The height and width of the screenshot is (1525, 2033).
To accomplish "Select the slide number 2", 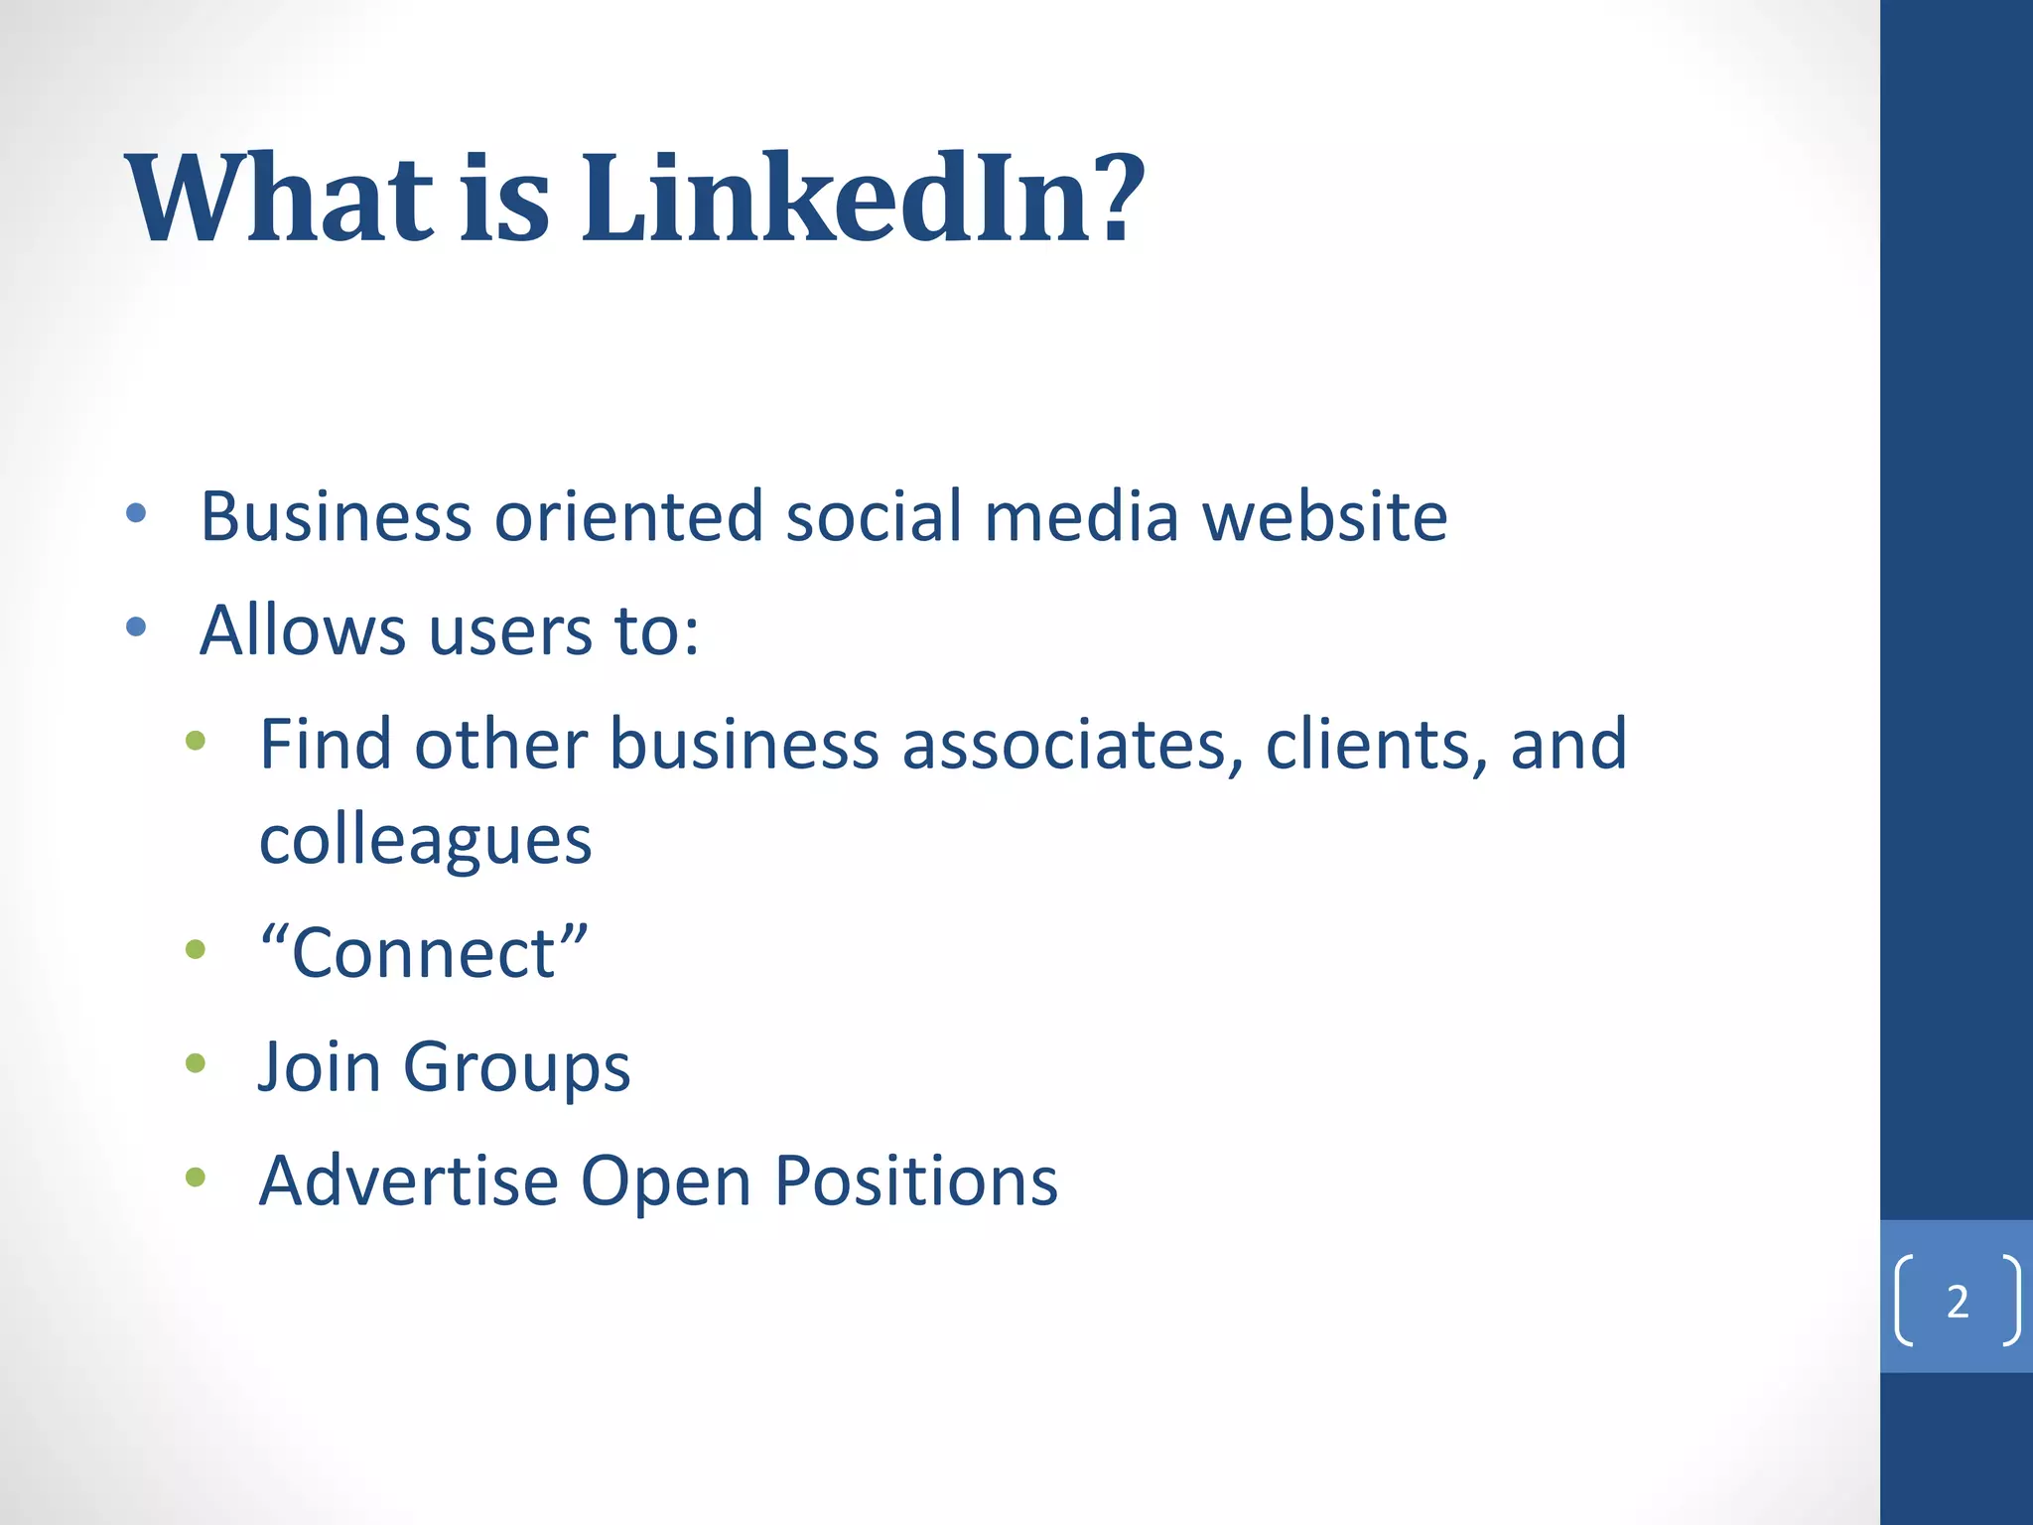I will point(1958,1302).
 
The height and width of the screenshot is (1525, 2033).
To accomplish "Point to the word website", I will point(1324,516).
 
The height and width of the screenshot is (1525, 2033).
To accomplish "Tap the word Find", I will point(325,744).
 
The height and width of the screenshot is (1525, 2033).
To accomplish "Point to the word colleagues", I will point(425,841).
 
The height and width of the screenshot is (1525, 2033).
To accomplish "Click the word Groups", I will point(516,1068).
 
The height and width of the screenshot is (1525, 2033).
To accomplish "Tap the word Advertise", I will point(408,1180).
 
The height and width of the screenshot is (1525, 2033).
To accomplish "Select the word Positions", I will point(915,1180).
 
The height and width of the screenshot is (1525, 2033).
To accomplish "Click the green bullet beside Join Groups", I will point(196,1064).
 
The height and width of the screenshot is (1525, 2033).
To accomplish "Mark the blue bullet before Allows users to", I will point(137,627).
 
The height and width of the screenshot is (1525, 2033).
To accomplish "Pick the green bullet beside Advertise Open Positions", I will point(196,1178).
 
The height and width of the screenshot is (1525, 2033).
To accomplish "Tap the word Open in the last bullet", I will point(665,1182).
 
